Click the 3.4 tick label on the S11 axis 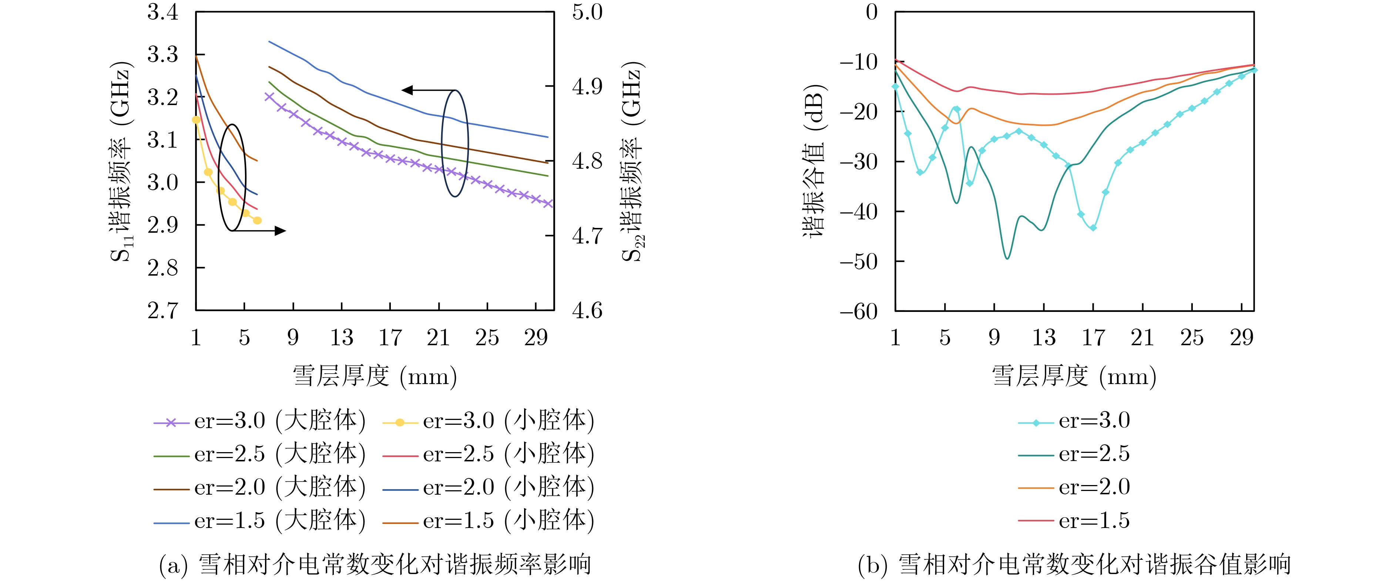click(x=162, y=12)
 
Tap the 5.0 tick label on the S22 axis click(x=587, y=12)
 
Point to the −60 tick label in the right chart click(x=859, y=312)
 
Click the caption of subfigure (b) click(x=1074, y=565)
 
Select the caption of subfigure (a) click(x=375, y=565)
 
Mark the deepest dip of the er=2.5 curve click(x=1007, y=258)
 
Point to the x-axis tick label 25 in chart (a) click(x=487, y=338)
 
